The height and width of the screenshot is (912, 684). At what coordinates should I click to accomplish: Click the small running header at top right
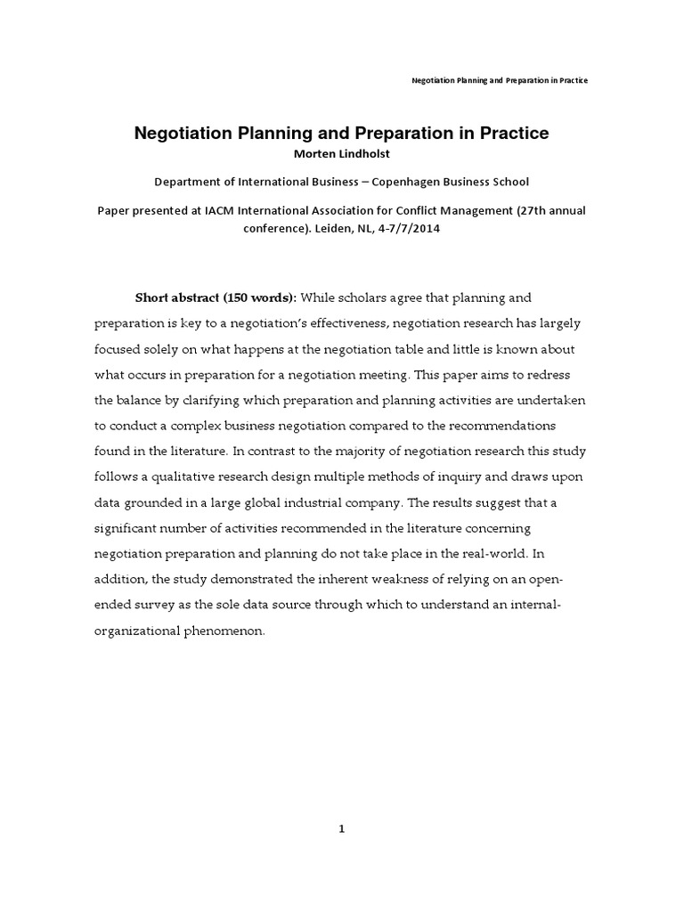(500, 80)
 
